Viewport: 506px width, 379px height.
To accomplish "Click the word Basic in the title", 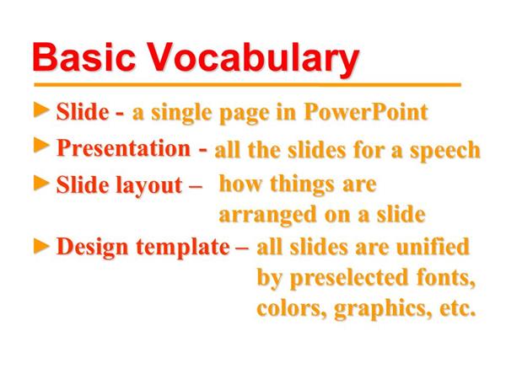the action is click(83, 57).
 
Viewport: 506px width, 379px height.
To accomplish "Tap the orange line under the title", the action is click(247, 85).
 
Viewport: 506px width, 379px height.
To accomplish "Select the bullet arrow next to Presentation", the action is click(41, 146).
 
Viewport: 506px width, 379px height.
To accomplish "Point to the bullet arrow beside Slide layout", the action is click(41, 183).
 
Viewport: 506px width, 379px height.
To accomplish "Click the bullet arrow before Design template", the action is click(41, 246).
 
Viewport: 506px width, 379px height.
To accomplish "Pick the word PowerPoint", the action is click(366, 112).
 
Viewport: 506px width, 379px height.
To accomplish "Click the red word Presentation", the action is click(124, 148).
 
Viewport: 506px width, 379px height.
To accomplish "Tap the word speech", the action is click(445, 151).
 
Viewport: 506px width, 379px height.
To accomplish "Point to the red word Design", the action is click(92, 247).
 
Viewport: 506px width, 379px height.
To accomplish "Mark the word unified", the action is click(433, 247).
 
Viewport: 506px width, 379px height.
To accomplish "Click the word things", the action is click(302, 185).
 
